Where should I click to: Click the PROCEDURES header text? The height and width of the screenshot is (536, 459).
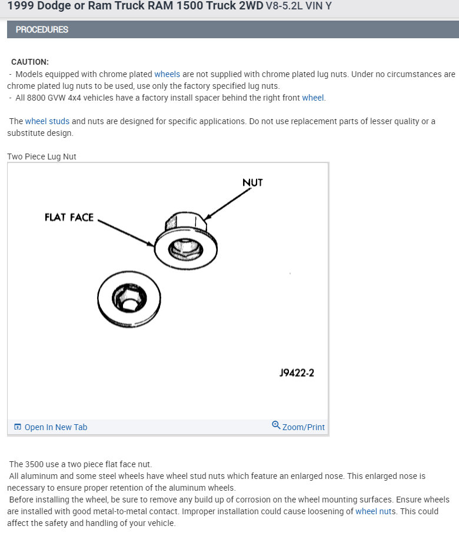point(42,29)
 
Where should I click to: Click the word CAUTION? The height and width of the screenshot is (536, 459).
point(30,62)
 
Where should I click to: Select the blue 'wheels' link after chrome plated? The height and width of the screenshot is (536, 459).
point(167,74)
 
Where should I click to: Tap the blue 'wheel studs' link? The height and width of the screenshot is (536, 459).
point(47,121)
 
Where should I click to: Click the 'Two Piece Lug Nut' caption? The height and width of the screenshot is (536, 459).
point(42,157)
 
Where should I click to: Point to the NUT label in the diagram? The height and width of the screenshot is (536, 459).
point(252,183)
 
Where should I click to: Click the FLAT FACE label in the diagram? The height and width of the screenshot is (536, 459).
point(69,218)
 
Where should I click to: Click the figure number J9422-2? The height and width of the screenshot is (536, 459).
point(297,373)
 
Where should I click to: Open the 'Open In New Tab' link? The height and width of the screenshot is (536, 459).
point(55,427)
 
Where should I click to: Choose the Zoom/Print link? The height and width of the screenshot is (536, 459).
point(303,427)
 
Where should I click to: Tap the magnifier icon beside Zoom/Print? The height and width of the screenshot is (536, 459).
point(276,425)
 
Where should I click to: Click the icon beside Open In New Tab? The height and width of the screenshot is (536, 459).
point(18,427)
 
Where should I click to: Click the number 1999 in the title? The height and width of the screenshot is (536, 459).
point(21,9)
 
